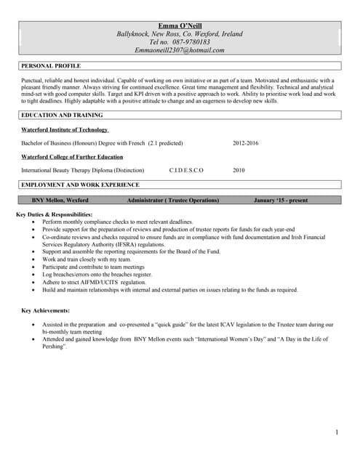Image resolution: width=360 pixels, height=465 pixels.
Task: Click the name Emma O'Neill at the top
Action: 180,25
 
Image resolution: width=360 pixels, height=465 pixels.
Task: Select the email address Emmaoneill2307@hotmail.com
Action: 180,50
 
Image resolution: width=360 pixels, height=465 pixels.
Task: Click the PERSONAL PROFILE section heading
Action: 51,66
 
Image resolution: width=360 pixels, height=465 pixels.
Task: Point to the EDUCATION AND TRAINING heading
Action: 62,115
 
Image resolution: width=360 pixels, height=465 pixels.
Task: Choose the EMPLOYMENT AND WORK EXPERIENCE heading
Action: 80,185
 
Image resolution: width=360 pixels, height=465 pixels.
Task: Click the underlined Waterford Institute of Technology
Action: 65,129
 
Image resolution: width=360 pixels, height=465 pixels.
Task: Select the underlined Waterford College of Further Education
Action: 72,156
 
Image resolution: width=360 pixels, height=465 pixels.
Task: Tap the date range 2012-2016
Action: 245,143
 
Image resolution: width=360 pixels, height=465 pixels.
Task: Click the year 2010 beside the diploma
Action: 239,170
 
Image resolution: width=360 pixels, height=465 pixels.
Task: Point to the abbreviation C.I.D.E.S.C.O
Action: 186,170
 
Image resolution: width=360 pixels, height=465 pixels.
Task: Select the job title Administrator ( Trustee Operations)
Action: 172,200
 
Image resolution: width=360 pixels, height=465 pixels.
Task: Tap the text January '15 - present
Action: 281,200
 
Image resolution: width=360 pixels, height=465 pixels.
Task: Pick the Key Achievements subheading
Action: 46,310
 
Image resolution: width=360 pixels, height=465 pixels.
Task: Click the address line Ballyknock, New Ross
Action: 180,34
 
